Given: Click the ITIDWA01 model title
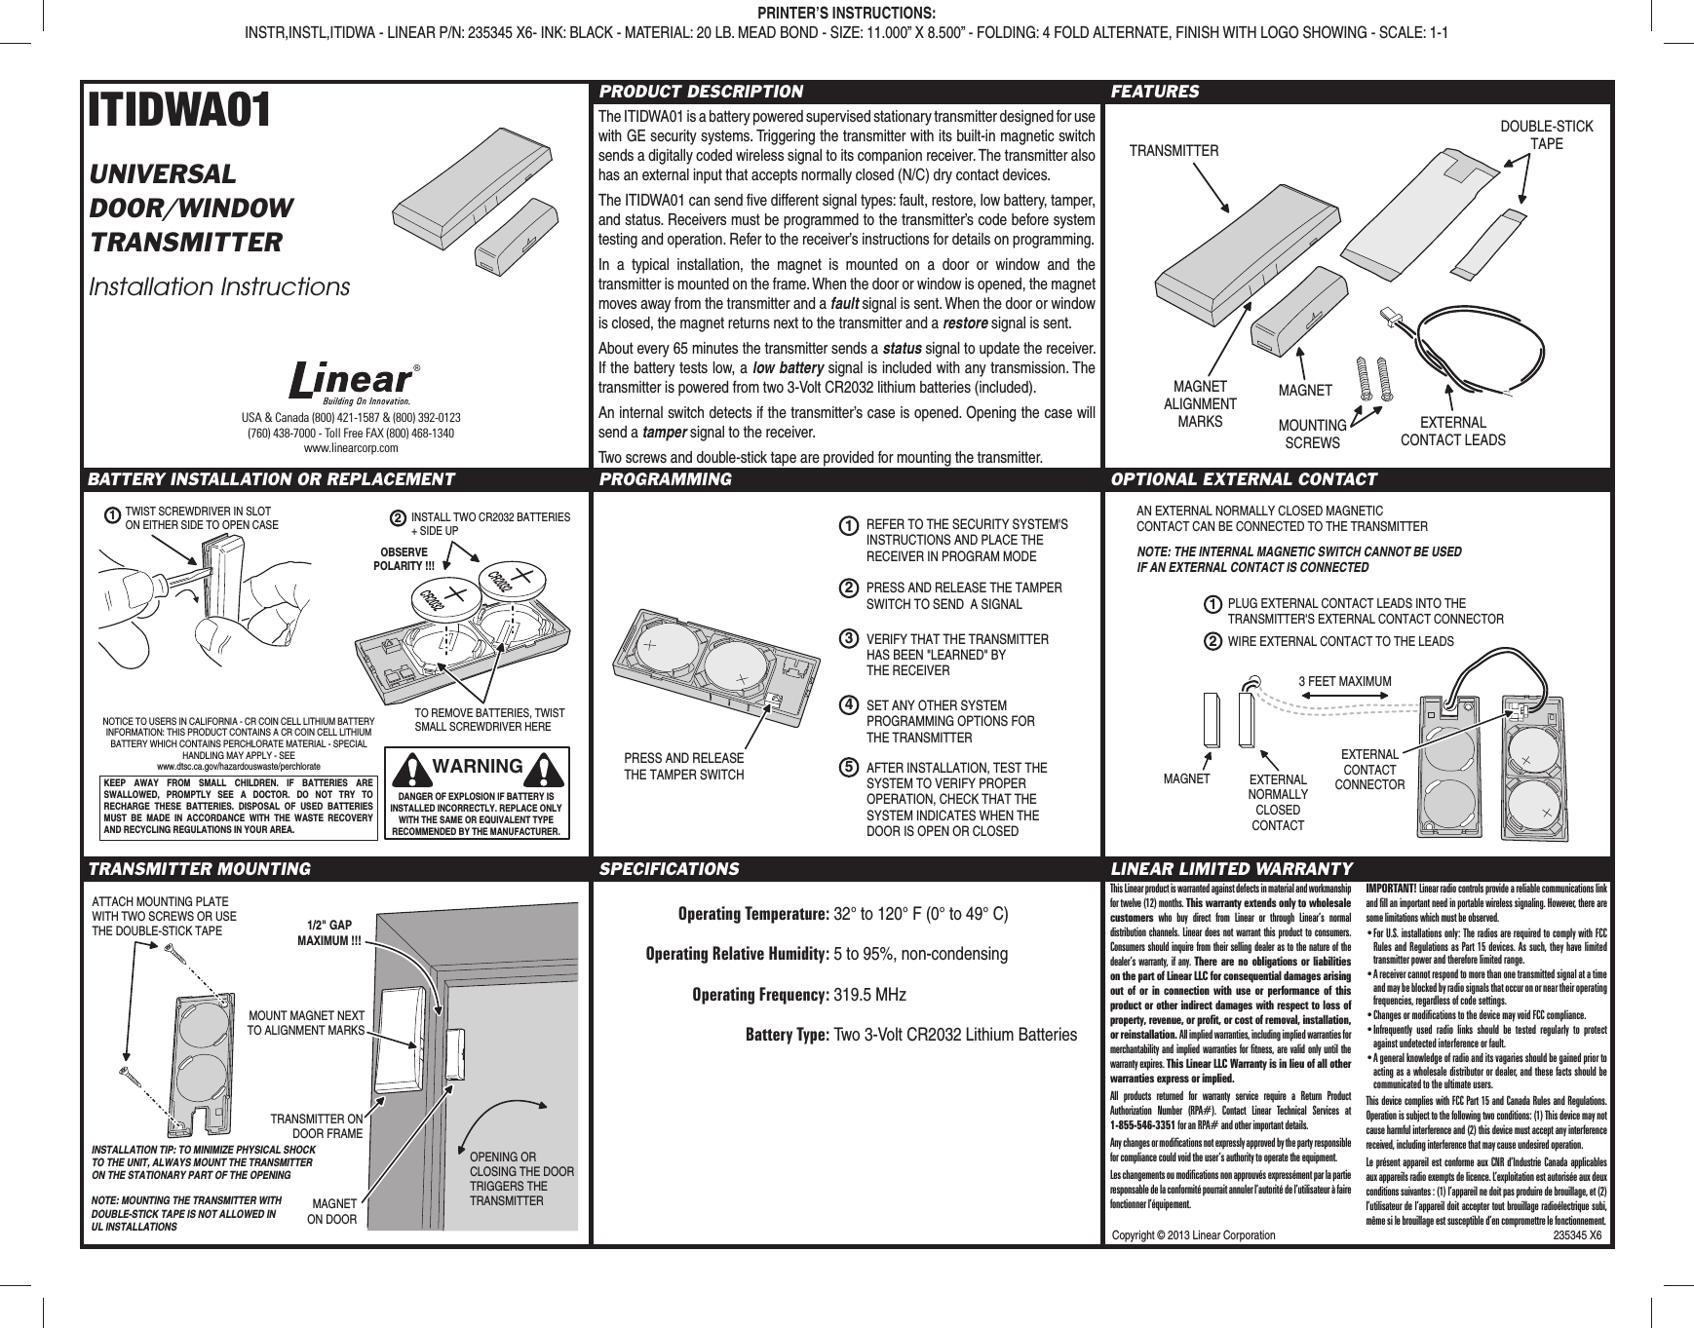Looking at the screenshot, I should coord(181,112).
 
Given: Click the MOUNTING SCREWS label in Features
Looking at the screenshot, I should coord(1312,435).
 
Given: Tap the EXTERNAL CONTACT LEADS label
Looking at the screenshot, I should coord(1452,432).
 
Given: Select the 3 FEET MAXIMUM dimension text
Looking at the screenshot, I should coord(1346,680).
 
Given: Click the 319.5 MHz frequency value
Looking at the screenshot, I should coord(870,995).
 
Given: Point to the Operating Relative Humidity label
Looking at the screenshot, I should coord(737,953).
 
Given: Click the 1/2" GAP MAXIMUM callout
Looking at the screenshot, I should coord(329,932).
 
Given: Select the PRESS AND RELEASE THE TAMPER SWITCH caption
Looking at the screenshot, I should coord(683,767).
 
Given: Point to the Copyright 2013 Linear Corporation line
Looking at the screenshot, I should coord(1200,1234).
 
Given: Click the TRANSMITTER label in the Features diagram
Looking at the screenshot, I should coord(1174,151).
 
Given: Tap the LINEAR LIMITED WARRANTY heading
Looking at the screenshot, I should coord(1231,868).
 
